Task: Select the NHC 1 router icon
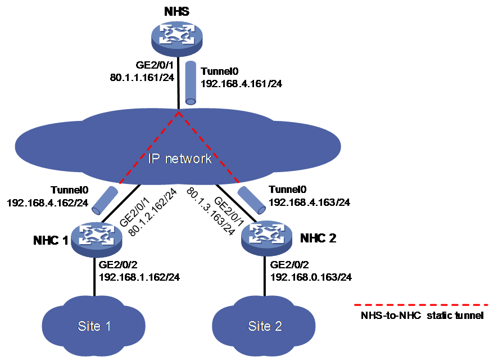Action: point(96,239)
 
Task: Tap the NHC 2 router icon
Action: point(267,238)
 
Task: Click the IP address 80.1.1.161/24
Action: point(142,78)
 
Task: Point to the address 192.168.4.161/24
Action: point(241,84)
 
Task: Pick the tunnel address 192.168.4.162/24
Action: point(48,203)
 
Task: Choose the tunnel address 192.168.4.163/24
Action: point(309,202)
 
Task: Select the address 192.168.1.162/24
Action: point(139,277)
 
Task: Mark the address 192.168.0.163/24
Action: point(311,277)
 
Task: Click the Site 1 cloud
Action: point(93,326)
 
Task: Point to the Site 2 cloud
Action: point(264,326)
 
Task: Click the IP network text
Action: point(180,159)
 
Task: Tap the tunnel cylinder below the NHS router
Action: point(191,83)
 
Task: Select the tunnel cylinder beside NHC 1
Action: point(105,200)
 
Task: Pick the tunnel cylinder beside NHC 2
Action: point(252,200)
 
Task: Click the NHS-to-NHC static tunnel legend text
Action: point(422,316)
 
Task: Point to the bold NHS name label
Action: point(176,12)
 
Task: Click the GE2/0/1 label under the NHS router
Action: point(155,65)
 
